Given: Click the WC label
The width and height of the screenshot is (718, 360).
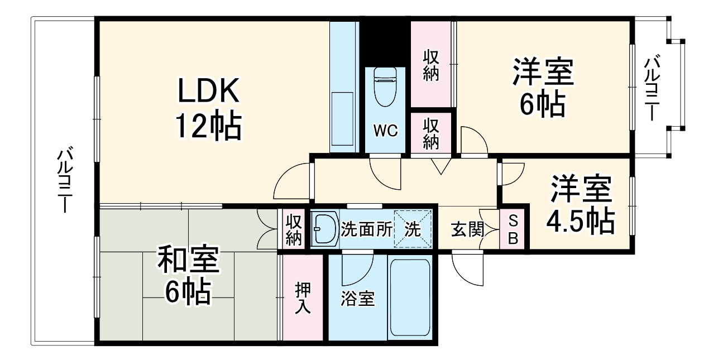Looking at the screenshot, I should coord(385,131).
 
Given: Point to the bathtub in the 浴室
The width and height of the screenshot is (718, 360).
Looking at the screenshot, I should coord(409,299).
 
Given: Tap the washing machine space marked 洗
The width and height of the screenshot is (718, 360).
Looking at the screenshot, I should coord(413,229).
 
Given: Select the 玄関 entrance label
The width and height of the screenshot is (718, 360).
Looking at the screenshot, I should coord(467,229).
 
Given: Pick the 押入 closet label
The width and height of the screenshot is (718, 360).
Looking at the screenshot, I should coord(303,297).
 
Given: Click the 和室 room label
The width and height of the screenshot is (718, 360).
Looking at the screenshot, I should coord(188,260).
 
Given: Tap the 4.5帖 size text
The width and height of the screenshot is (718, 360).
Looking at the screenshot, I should coord(580,222).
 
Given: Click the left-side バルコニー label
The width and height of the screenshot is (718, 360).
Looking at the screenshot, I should coord(65,180).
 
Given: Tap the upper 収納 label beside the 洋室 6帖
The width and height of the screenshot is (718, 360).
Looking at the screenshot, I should coord(430,65).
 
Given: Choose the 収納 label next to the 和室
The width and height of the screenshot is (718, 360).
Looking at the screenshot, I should coord(294,229).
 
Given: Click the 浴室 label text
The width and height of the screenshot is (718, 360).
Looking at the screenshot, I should coord(357,299).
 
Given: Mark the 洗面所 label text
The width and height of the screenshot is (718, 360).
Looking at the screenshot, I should coord(366,229).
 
